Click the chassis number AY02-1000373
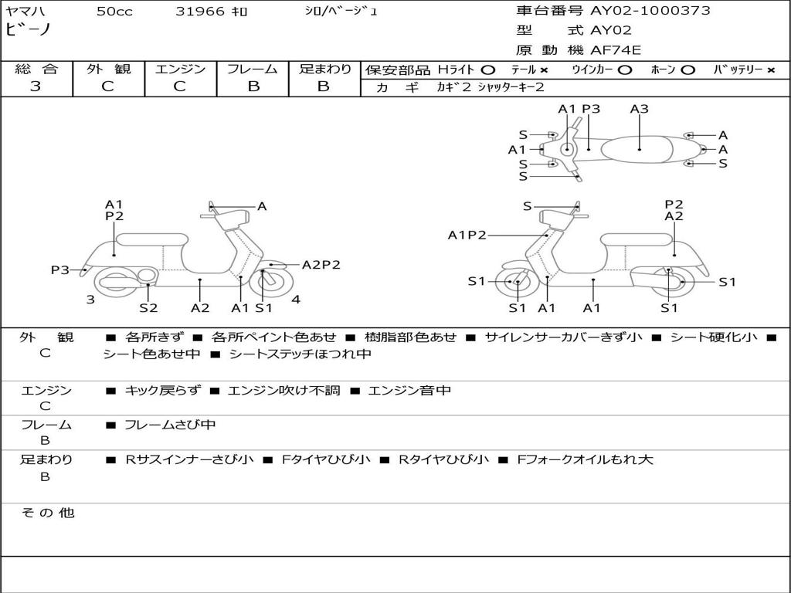click(x=650, y=11)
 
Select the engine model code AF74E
click(x=616, y=50)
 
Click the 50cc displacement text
click(x=114, y=11)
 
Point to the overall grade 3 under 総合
click(x=36, y=86)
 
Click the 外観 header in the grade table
click(x=108, y=69)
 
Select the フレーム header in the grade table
click(x=253, y=69)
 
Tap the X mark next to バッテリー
click(x=771, y=70)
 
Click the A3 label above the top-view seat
click(x=639, y=109)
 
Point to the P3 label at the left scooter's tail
click(x=60, y=270)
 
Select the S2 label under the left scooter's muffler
click(x=148, y=307)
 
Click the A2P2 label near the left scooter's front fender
click(x=321, y=265)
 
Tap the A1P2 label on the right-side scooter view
click(x=467, y=235)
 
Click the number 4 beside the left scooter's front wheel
click(x=296, y=300)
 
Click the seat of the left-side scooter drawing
click(x=152, y=239)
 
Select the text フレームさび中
click(x=170, y=425)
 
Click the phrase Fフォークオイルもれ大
click(x=586, y=459)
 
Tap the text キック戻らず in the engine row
click(x=162, y=390)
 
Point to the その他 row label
click(x=48, y=513)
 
